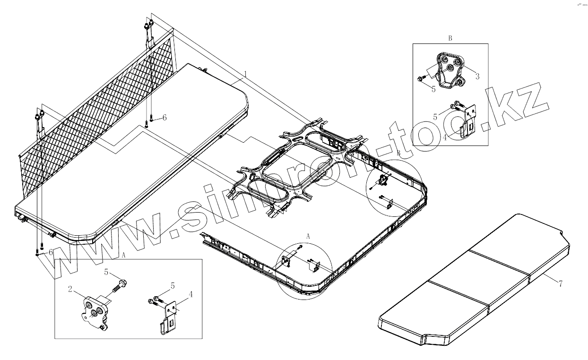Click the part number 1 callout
click(245, 73)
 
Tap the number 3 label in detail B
click(477, 76)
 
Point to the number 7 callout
click(560, 284)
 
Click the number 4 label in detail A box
click(190, 294)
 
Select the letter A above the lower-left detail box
click(123, 254)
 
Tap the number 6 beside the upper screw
click(164, 118)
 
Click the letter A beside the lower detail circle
click(308, 235)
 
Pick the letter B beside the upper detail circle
click(398, 153)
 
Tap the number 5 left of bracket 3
click(433, 88)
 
